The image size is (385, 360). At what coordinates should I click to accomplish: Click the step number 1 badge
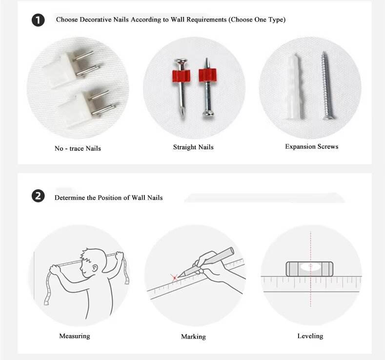tap(38, 20)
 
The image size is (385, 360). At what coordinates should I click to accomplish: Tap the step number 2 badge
tap(38, 196)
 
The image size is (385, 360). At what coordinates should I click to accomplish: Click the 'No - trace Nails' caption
tap(78, 148)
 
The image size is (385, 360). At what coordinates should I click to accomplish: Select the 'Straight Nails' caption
tap(193, 147)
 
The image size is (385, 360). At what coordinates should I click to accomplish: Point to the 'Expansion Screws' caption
tap(312, 146)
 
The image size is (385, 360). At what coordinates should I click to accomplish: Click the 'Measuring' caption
tap(75, 336)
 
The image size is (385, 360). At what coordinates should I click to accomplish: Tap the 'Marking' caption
tap(194, 337)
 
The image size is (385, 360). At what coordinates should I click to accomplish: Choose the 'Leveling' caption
tap(310, 336)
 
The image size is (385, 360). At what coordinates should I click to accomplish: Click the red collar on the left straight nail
tap(181, 76)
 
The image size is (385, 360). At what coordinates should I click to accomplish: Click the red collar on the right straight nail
tap(208, 75)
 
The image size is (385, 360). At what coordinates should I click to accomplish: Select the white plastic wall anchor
tap(294, 87)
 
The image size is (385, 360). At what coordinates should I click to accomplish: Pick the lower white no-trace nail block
tap(74, 109)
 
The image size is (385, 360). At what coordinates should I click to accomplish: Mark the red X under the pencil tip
tap(174, 278)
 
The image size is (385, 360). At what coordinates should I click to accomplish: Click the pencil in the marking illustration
tap(206, 262)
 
